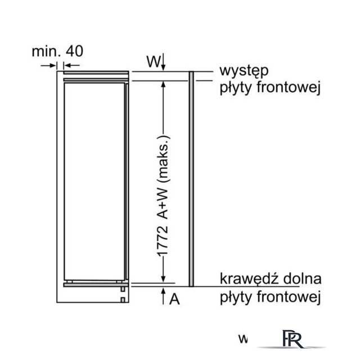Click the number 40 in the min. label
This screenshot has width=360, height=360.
[74, 51]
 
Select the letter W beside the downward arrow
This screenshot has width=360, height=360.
[154, 61]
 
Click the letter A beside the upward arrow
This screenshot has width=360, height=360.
[174, 299]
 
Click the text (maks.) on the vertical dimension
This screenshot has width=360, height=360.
[164, 159]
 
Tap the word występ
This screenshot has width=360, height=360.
[244, 71]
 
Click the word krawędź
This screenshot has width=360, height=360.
[250, 279]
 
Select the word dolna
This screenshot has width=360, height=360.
[303, 279]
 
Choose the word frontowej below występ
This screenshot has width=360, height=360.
[289, 88]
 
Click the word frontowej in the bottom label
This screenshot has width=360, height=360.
[289, 297]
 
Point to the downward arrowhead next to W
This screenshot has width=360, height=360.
[163, 67]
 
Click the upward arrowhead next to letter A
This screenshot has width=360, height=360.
[163, 291]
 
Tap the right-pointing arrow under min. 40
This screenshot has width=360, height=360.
[48, 66]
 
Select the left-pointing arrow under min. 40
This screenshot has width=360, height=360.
[71, 66]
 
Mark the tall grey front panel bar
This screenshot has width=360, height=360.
[191, 179]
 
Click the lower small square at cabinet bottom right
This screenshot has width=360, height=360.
[123, 300]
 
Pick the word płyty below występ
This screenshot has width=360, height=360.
[236, 88]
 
